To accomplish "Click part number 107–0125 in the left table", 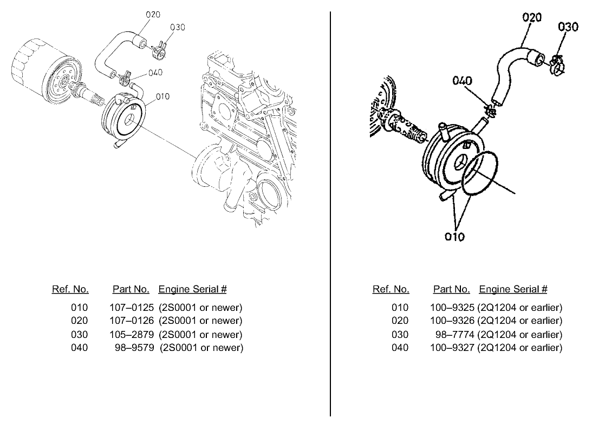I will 132,308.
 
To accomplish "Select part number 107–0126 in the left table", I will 132,321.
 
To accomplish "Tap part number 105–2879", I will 132,334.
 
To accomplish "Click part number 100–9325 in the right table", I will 452,308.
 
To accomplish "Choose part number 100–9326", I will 452,321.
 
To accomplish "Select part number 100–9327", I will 452,347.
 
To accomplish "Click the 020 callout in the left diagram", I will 153,15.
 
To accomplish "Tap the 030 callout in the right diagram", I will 568,27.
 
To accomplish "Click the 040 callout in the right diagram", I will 463,81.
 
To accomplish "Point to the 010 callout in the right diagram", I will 454,237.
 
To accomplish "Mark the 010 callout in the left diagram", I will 162,96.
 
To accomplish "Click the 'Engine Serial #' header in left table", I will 192,289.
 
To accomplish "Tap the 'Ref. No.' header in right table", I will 391,289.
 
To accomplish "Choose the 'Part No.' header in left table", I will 131,289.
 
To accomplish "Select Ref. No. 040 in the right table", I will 400,347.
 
